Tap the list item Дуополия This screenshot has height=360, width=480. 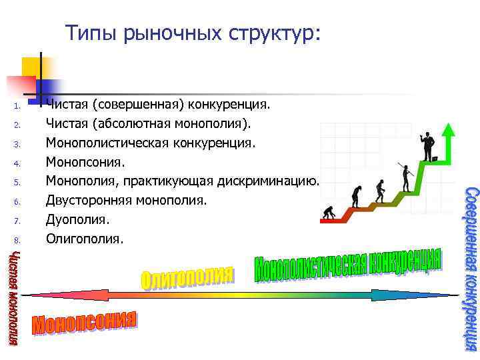click(x=77, y=219)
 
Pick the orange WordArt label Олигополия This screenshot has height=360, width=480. click(x=187, y=279)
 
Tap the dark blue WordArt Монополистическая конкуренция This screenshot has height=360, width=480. click(x=347, y=271)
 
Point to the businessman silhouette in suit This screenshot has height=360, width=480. click(x=427, y=143)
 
